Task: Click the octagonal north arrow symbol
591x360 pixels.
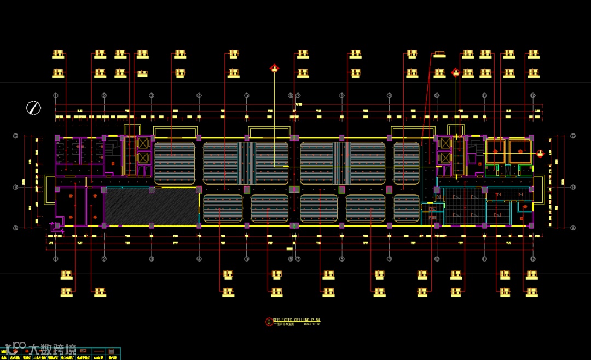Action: pyautogui.click(x=33, y=108)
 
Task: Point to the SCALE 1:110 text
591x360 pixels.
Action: pyautogui.click(x=311, y=324)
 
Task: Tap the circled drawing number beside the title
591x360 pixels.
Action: pyautogui.click(x=268, y=322)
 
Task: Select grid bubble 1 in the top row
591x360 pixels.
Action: pyautogui.click(x=56, y=95)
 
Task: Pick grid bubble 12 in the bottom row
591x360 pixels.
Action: pyautogui.click(x=532, y=259)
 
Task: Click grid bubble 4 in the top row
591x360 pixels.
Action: pyautogui.click(x=199, y=95)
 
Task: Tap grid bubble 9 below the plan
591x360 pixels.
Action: pyautogui.click(x=389, y=259)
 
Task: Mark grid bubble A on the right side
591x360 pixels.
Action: pyautogui.click(x=573, y=228)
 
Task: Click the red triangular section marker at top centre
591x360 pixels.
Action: pyautogui.click(x=274, y=68)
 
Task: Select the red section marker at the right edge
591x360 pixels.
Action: pyautogui.click(x=540, y=154)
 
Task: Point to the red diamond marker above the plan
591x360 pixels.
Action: pyautogui.click(x=455, y=72)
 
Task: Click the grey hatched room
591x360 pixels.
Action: pyautogui.click(x=152, y=207)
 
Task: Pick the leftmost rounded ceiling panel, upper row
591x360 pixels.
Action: pyautogui.click(x=175, y=164)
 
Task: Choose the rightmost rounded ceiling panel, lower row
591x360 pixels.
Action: pyautogui.click(x=407, y=208)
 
